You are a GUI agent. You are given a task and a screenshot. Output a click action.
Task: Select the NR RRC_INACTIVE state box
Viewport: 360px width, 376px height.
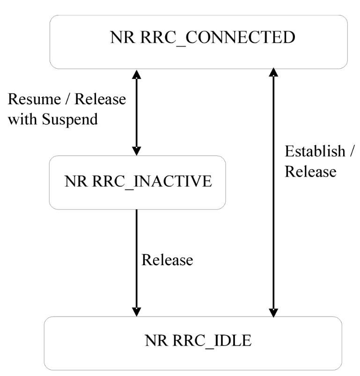137,181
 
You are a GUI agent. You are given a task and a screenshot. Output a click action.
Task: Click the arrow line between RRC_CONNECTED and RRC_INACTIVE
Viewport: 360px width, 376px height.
136,112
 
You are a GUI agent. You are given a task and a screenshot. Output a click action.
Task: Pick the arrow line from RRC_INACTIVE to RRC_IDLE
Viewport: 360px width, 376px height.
136,262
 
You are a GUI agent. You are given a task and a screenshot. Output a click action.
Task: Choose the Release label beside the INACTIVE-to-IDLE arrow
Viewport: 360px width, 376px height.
168,260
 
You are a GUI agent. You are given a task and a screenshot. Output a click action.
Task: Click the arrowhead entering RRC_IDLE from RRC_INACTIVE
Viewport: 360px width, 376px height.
136,312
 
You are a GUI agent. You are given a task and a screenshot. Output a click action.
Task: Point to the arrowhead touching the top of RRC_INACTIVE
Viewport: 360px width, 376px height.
136,152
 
